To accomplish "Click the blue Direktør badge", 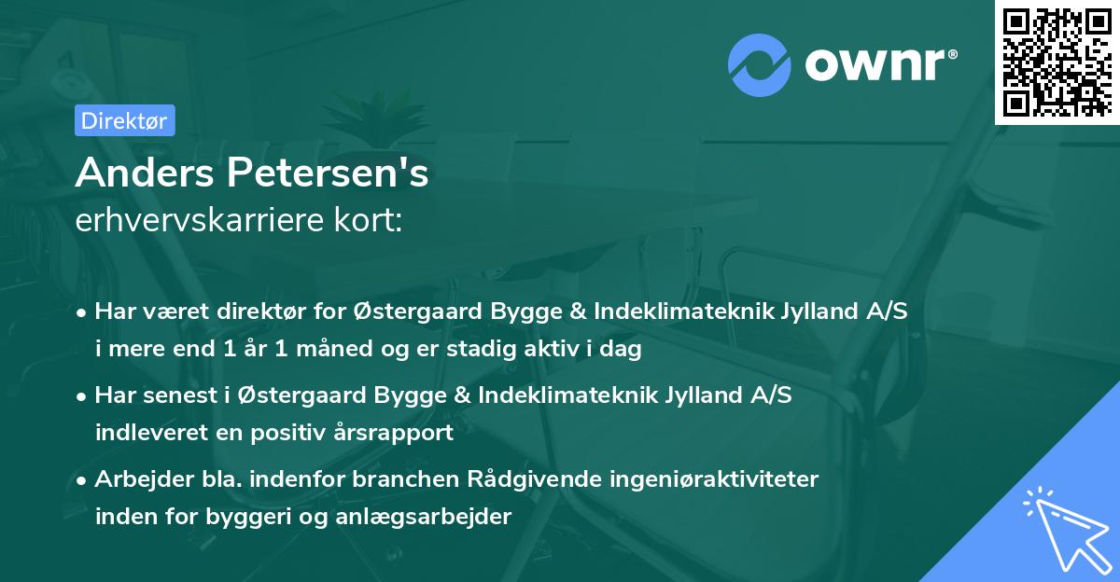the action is [125, 120].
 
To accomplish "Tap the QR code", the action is [1057, 62].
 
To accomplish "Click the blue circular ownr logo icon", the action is [759, 65].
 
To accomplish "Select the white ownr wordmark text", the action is [881, 64].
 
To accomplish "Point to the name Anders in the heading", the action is [145, 173].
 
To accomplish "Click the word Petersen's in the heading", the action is [328, 173].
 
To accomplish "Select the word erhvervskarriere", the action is [200, 220].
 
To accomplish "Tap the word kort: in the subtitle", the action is [369, 220].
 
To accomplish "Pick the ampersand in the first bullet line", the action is [578, 312].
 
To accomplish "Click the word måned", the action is [333, 348].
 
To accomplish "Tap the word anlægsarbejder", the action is [423, 517].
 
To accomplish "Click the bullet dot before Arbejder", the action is [81, 480].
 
